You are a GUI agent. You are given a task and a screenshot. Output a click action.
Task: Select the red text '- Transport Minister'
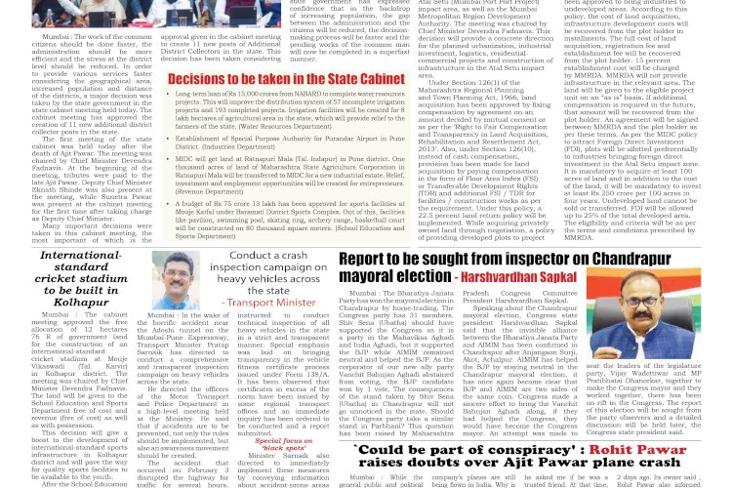(x=262, y=303)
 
